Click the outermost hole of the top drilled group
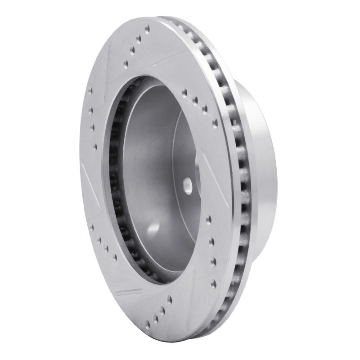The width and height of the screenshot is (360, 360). point(147,28)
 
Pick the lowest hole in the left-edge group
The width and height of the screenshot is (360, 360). point(95,146)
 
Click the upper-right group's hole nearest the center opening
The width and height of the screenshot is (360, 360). point(184,93)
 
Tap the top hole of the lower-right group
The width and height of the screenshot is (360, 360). point(208,220)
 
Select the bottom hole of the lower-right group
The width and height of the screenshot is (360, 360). point(213,283)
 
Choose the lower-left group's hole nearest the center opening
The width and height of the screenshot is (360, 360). point(115,257)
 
